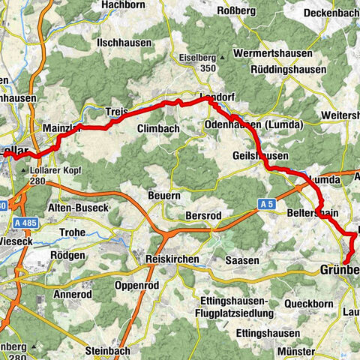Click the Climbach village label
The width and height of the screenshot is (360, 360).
(158, 129)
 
